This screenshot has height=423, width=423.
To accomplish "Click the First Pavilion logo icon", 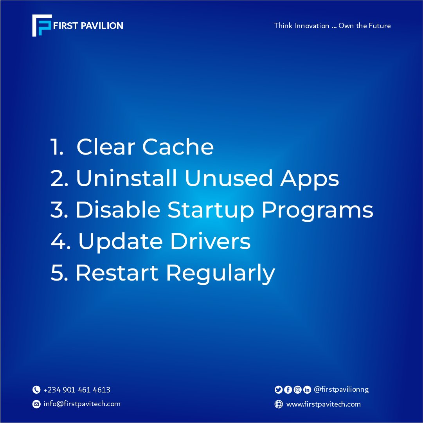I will (x=41, y=26).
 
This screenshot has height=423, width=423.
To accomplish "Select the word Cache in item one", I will (x=178, y=147).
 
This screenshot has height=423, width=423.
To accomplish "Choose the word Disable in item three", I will (x=118, y=210).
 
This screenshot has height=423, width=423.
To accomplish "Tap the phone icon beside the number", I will (x=36, y=390).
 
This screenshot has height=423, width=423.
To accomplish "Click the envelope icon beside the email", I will (x=36, y=404).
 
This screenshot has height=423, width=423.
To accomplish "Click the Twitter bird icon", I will (x=279, y=390).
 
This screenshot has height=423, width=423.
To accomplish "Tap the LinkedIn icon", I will (x=307, y=390).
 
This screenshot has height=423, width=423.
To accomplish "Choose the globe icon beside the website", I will (x=279, y=405).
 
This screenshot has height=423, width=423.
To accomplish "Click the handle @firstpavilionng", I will (x=341, y=389).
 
